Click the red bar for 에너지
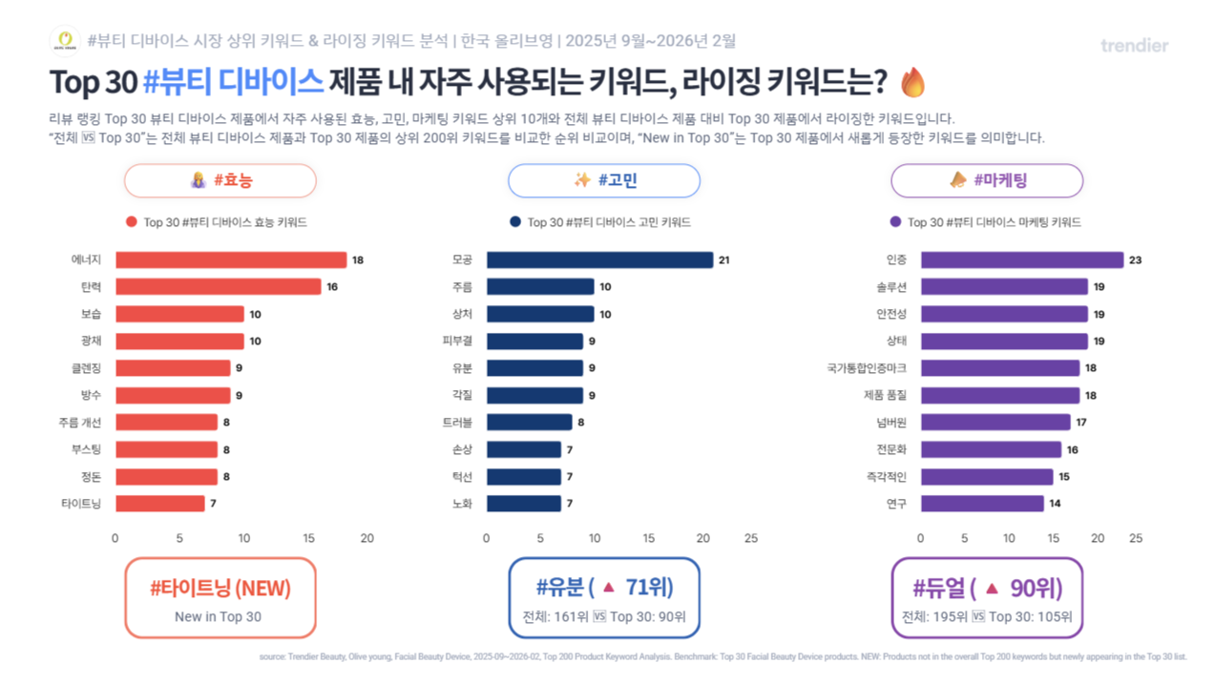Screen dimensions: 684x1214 (x=231, y=259)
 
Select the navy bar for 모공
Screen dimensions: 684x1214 (x=599, y=259)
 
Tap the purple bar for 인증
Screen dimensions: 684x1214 (x=1021, y=259)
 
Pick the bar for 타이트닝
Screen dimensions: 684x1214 (x=160, y=503)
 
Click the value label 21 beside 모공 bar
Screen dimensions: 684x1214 (x=723, y=259)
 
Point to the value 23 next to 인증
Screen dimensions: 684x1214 (x=1136, y=259)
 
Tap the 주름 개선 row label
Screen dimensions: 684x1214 (x=79, y=422)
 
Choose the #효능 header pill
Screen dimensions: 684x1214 (x=220, y=180)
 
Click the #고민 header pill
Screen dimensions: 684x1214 (x=603, y=180)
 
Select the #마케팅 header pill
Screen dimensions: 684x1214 (x=987, y=180)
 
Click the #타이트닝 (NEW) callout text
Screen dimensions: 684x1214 (x=220, y=589)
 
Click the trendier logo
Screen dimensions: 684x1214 (x=1134, y=45)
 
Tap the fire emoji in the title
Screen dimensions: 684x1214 (x=913, y=82)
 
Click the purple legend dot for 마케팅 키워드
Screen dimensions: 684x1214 (x=895, y=222)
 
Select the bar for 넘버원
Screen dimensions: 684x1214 (x=994, y=422)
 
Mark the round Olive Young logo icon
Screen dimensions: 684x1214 (x=65, y=41)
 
